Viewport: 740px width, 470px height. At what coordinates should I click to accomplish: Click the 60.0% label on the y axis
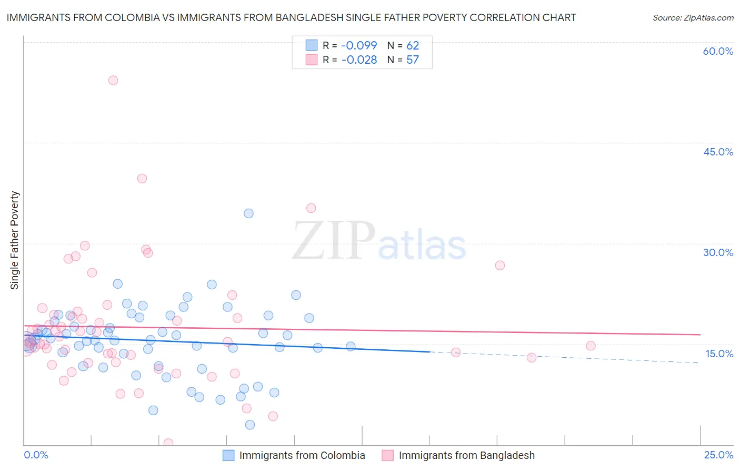pos(718,51)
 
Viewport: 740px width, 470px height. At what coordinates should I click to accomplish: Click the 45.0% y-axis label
pos(718,152)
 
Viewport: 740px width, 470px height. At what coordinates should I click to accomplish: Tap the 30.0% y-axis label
pos(718,252)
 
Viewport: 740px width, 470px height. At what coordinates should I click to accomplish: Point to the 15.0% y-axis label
pos(719,354)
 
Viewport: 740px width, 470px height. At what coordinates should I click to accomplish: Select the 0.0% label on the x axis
pos(36,455)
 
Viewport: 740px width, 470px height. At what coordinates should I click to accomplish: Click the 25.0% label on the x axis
pos(718,455)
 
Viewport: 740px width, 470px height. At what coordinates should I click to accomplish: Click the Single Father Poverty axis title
pos(14,240)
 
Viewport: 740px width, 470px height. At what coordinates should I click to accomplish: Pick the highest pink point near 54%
pos(113,81)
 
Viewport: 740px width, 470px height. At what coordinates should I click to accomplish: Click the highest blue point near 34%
pos(248,213)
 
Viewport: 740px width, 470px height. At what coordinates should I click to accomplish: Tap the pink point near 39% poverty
pos(142,179)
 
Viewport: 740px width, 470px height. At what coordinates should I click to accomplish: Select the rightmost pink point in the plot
pos(591,346)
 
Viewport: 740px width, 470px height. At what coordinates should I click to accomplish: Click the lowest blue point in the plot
pos(250,425)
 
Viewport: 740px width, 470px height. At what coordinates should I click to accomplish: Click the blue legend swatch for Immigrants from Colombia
pos(228,455)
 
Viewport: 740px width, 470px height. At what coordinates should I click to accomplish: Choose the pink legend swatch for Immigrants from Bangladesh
pos(387,455)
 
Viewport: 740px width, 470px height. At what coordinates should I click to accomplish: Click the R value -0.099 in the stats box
pos(359,46)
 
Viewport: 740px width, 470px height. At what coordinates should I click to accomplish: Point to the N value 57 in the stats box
pos(413,60)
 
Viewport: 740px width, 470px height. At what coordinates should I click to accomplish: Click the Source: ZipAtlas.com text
pos(693,18)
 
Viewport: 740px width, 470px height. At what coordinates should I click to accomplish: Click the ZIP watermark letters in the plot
pos(334,241)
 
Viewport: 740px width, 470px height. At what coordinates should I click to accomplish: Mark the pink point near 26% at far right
pos(500,266)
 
